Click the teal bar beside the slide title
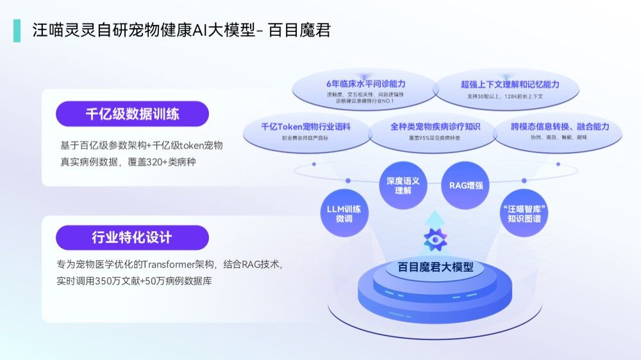click(16, 30)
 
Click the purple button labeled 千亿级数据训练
click(132, 114)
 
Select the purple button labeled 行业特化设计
click(132, 238)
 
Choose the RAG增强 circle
click(465, 186)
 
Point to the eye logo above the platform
click(436, 240)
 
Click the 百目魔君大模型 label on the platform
click(436, 267)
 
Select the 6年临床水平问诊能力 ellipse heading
click(365, 84)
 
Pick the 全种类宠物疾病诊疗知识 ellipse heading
click(435, 127)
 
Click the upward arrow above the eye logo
click(436, 218)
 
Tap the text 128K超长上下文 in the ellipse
click(522, 97)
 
